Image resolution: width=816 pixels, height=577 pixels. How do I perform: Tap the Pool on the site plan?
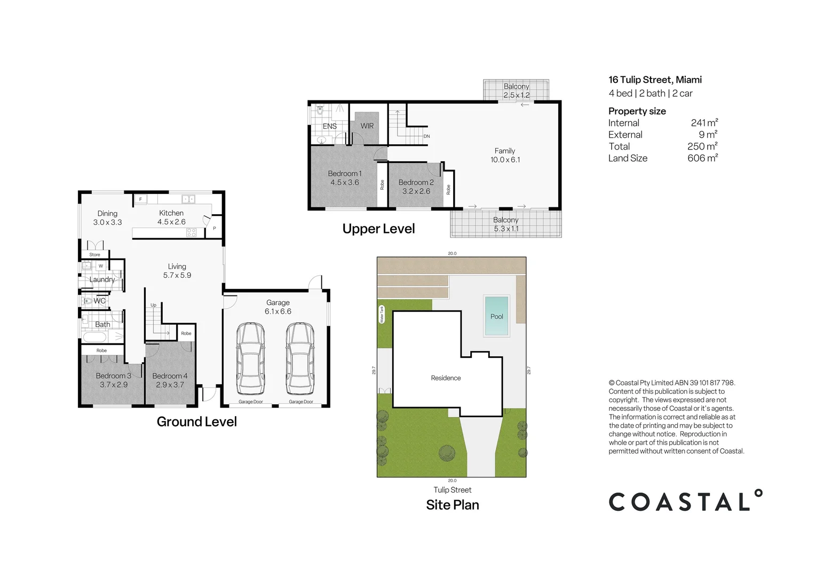(496, 316)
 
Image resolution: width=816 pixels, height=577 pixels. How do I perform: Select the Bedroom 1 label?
(345, 174)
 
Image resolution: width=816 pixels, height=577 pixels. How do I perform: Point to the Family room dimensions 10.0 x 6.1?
(505, 160)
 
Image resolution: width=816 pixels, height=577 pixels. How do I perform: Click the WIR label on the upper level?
(367, 126)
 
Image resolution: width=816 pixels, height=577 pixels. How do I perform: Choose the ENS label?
(330, 127)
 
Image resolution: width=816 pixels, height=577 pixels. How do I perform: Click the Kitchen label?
(171, 213)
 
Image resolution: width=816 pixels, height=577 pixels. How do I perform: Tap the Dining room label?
(107, 214)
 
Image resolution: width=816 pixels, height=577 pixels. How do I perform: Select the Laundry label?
(102, 279)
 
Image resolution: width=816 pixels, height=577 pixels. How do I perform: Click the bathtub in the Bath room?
(95, 338)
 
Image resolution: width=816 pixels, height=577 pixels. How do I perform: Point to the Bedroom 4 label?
(170, 376)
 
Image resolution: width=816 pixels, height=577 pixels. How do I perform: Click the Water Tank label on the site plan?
(382, 314)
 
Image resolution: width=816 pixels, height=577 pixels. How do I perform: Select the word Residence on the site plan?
(446, 378)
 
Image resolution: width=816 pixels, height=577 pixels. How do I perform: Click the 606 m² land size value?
(702, 158)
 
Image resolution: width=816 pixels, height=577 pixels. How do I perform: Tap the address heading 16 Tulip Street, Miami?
(655, 80)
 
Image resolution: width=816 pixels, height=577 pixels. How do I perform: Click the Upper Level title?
(378, 229)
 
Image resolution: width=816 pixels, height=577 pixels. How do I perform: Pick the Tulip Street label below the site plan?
(452, 490)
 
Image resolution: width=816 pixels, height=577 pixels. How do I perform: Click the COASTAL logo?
(685, 501)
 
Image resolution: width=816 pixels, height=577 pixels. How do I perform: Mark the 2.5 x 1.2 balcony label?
(516, 95)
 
